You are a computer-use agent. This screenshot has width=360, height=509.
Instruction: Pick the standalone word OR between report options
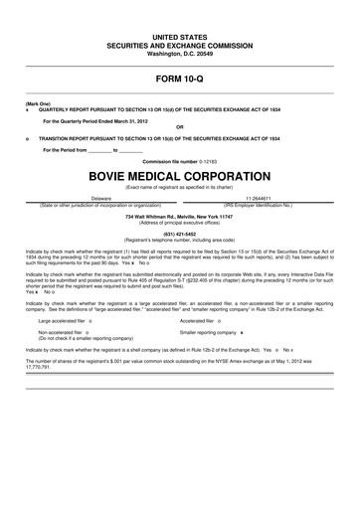click(x=179, y=126)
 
